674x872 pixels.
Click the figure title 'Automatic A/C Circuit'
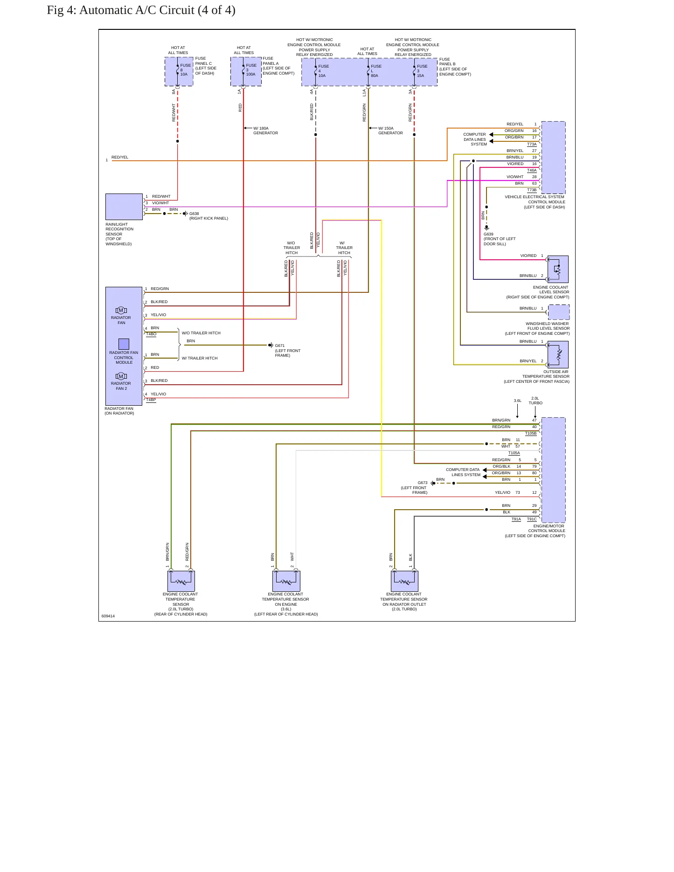point(137,10)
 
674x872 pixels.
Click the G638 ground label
point(194,214)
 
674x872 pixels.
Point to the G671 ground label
point(280,346)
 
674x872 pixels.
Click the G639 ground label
point(488,234)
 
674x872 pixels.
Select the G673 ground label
point(423,483)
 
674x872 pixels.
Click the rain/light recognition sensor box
point(124,207)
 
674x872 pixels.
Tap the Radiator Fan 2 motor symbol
point(121,376)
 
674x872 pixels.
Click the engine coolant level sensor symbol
point(558,269)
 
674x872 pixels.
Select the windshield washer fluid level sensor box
point(559,312)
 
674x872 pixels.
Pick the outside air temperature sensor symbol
point(558,354)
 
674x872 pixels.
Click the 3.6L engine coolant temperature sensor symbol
point(286,581)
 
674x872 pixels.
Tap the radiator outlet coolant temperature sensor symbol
point(404,581)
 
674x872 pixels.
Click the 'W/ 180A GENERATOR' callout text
point(265,131)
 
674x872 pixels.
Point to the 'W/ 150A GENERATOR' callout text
point(390,131)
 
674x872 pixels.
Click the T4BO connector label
point(151,334)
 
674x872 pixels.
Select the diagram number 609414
point(108,616)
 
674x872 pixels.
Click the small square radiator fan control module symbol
point(124,344)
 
